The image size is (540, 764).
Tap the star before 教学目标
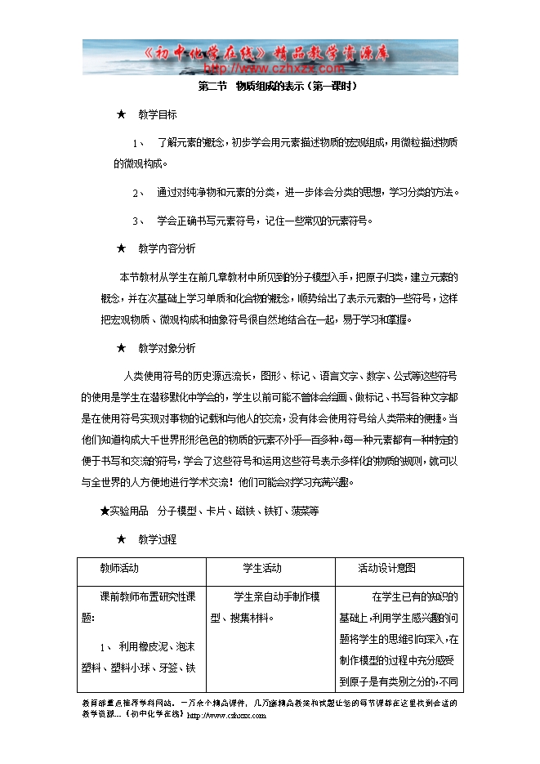click(121, 114)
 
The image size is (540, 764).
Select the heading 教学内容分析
click(167, 248)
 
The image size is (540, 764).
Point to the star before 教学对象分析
click(121, 348)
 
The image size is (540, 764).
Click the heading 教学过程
click(157, 539)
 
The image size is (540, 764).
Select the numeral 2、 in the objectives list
click(139, 193)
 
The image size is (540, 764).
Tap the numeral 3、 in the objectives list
click(139, 221)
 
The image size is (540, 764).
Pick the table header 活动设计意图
click(386, 568)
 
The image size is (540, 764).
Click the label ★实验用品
click(123, 511)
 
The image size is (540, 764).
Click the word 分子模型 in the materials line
click(177, 511)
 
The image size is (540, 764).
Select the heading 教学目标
click(157, 114)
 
